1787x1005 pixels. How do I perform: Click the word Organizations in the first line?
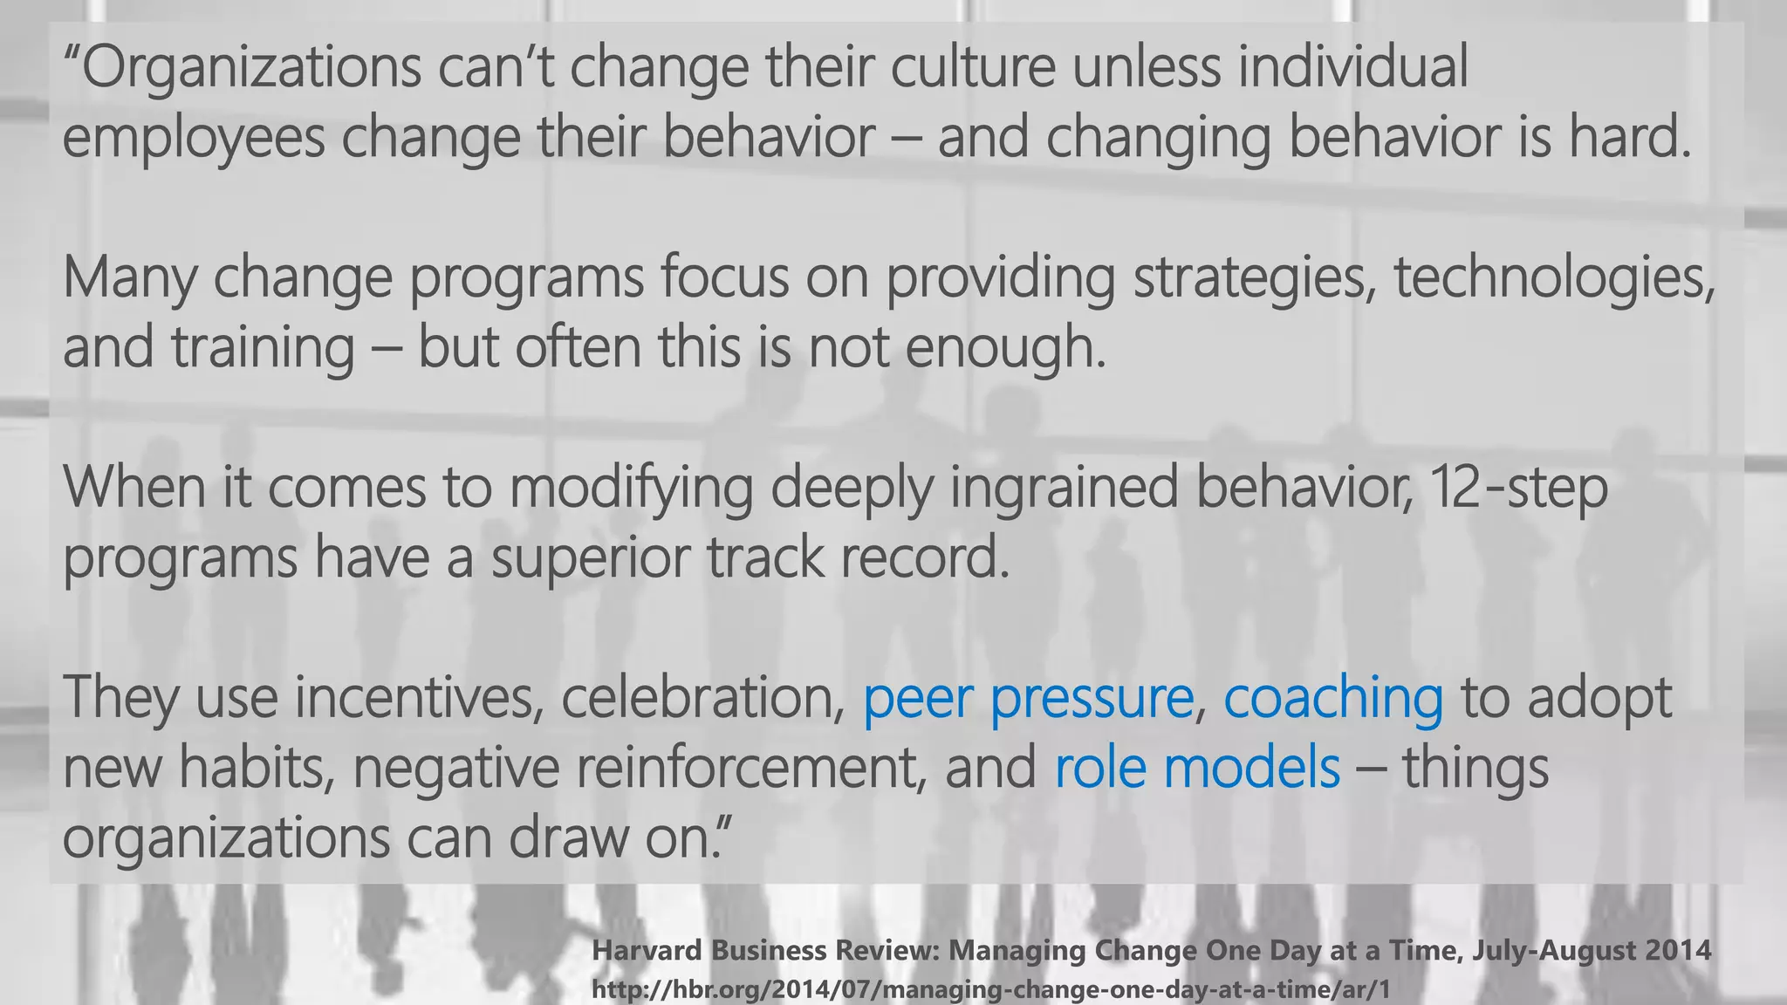(252, 68)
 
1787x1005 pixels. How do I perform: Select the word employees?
(193, 138)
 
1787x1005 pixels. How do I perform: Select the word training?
(263, 347)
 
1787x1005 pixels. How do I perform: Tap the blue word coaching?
(1333, 699)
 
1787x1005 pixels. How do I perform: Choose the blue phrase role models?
(1196, 767)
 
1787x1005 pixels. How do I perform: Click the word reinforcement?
(750, 767)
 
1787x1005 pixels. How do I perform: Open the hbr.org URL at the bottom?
(990, 990)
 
